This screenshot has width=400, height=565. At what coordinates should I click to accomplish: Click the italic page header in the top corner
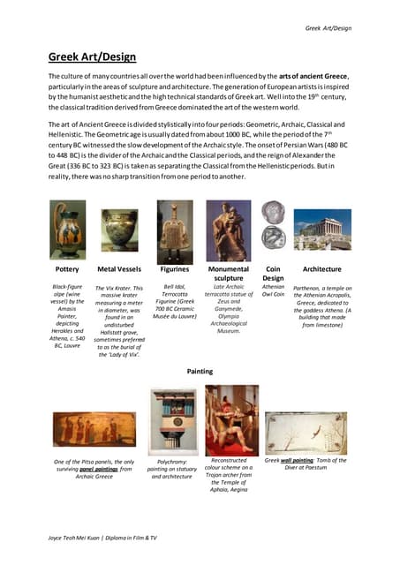(328, 28)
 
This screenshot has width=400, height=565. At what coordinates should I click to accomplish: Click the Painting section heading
(200, 372)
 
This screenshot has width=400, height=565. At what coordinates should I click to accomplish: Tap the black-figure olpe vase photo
(68, 230)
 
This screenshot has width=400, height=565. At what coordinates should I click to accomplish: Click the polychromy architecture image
(173, 421)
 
